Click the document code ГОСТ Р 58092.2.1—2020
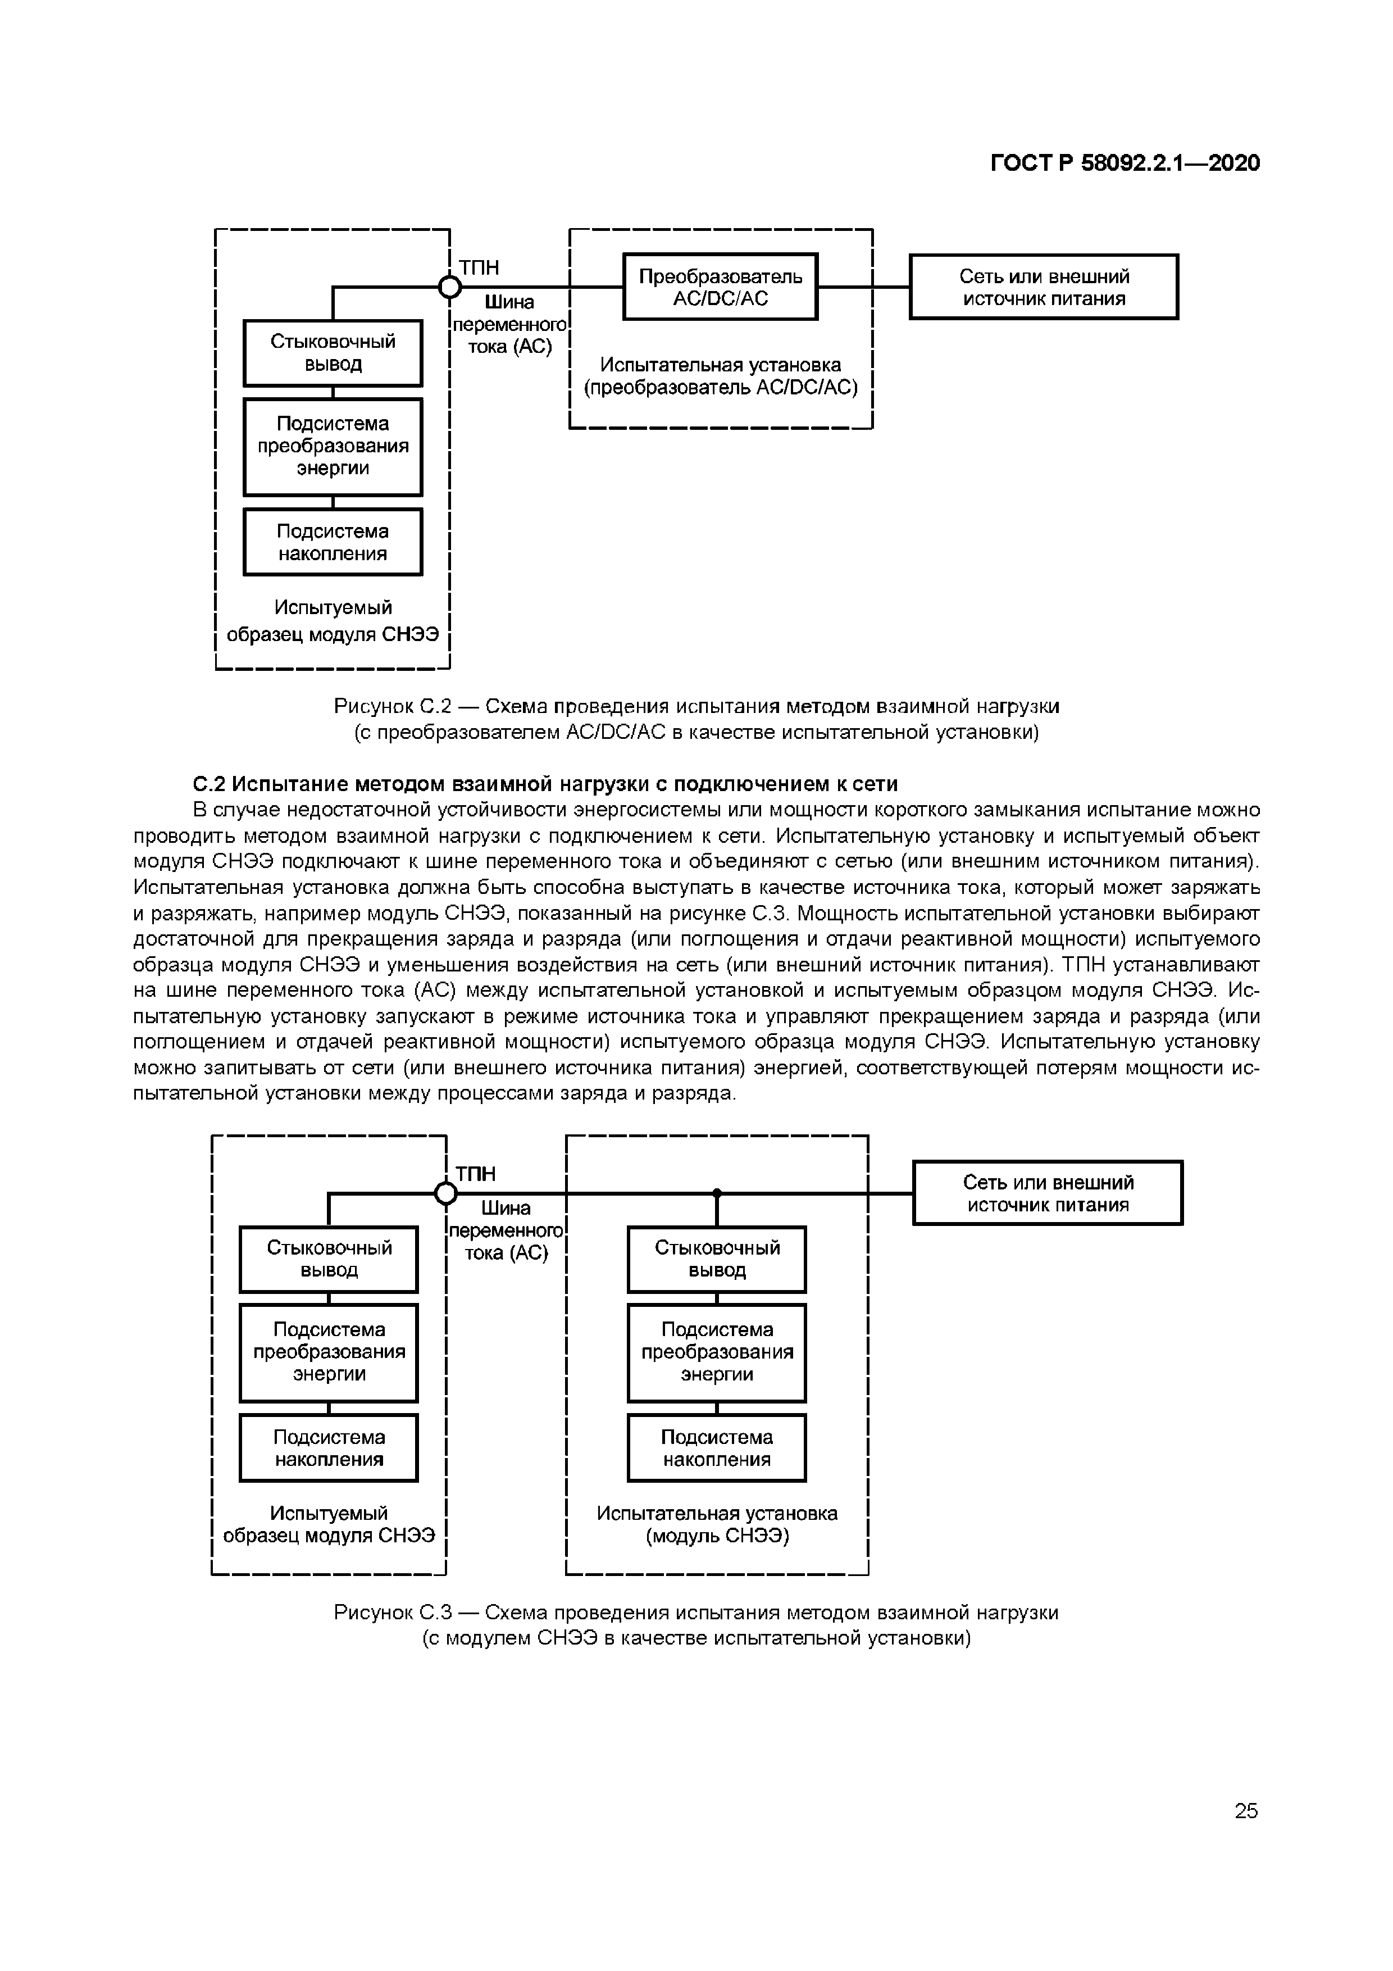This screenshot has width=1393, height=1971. click(1125, 163)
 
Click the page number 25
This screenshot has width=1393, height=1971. click(1245, 1810)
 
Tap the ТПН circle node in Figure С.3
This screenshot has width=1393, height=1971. click(445, 1193)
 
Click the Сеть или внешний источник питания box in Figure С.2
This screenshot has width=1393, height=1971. click(1044, 287)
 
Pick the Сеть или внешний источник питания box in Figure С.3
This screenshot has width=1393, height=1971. click(1047, 1193)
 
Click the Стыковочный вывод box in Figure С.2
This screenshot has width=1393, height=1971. click(333, 353)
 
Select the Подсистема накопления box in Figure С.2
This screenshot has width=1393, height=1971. click(333, 542)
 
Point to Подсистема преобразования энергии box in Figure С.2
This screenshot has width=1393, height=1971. click(333, 446)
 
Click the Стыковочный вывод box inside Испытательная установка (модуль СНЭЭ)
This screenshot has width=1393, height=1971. click(717, 1259)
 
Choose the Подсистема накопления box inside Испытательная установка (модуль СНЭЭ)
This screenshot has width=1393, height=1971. click(717, 1448)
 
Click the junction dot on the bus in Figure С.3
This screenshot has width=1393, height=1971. click(717, 1193)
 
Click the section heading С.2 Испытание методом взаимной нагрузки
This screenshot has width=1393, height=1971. click(545, 784)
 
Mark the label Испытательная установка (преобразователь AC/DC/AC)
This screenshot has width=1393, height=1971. click(721, 376)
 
